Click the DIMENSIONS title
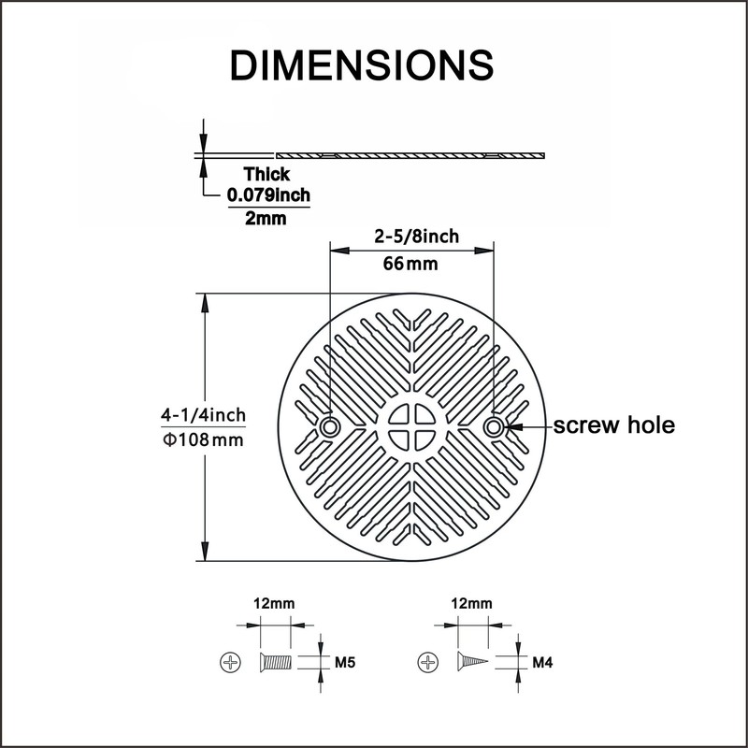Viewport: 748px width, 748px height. pyautogui.click(x=362, y=65)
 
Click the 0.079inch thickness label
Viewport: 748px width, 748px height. pyautogui.click(x=268, y=195)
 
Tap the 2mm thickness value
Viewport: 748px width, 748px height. pyautogui.click(x=266, y=219)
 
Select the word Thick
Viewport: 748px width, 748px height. pyautogui.click(x=266, y=174)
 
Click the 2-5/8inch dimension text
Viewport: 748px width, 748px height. pyautogui.click(x=416, y=237)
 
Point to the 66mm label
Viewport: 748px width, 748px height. pyautogui.click(x=410, y=264)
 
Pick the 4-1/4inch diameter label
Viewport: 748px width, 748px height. pyautogui.click(x=203, y=415)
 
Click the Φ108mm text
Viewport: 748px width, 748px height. pyautogui.click(x=203, y=439)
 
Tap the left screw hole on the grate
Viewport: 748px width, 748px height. pyautogui.click(x=329, y=426)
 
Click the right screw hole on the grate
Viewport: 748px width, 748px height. pyautogui.click(x=494, y=426)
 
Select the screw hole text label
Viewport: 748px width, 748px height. pyautogui.click(x=614, y=425)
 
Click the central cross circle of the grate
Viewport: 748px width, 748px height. pyautogui.click(x=411, y=427)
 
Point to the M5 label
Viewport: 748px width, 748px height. pyautogui.click(x=345, y=662)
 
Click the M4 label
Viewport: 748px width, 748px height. pyautogui.click(x=542, y=662)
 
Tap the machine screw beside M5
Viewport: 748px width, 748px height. pyautogui.click(x=275, y=662)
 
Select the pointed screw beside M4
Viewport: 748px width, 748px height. pyautogui.click(x=473, y=662)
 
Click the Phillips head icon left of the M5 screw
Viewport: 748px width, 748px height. pyautogui.click(x=230, y=662)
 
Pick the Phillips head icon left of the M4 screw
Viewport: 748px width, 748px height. pyautogui.click(x=428, y=662)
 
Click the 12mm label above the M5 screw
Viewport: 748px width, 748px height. pyautogui.click(x=274, y=603)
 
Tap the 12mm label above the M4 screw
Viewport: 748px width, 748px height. pyautogui.click(x=472, y=603)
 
